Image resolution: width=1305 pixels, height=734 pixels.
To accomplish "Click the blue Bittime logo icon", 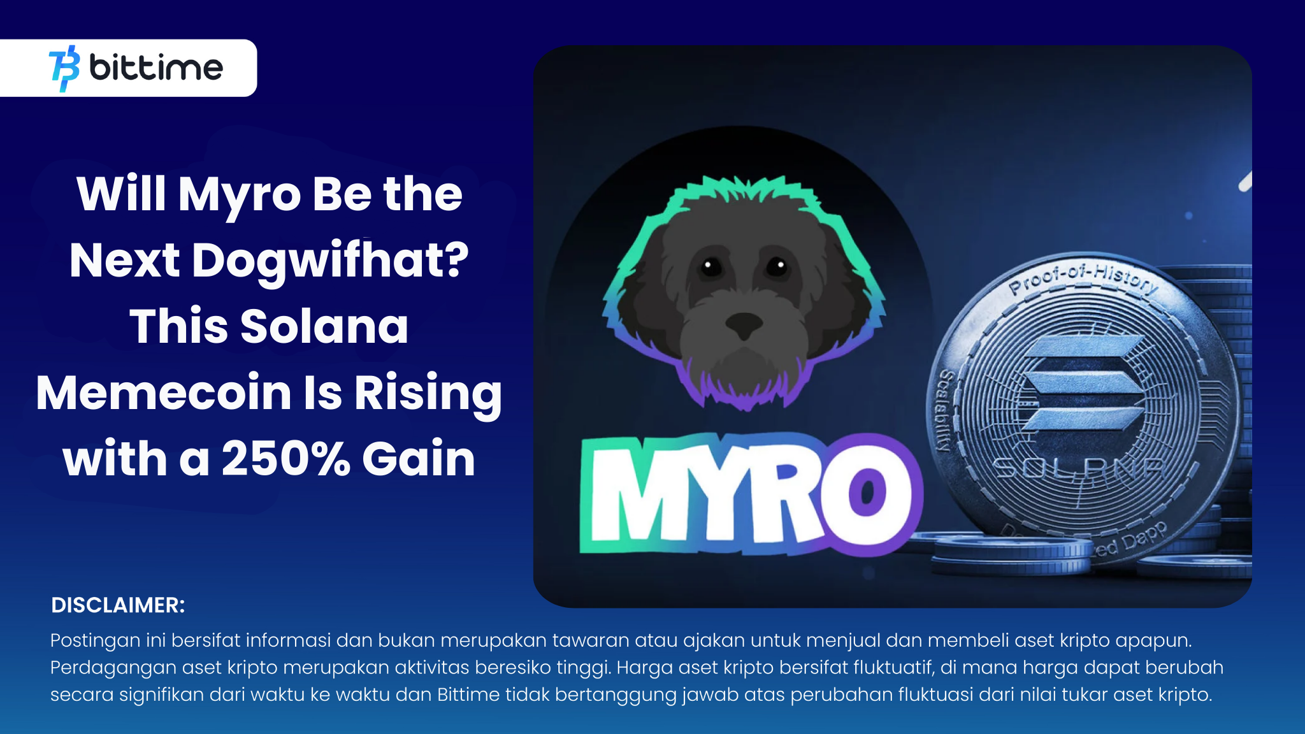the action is click(64, 68).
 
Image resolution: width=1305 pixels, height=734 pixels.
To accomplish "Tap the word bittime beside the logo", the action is click(156, 67).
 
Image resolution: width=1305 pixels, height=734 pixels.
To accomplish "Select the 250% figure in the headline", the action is click(286, 458).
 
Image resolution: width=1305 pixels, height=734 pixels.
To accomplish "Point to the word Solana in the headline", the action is click(324, 326).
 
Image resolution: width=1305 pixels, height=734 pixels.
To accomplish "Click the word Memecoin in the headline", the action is click(164, 392).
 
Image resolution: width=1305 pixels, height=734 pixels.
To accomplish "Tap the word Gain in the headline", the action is click(419, 458).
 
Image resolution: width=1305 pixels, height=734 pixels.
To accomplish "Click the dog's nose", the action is click(744, 325).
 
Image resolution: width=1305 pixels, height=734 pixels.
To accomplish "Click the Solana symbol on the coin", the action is click(1081, 384).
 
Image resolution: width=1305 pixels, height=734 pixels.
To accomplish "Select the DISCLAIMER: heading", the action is click(118, 605).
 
